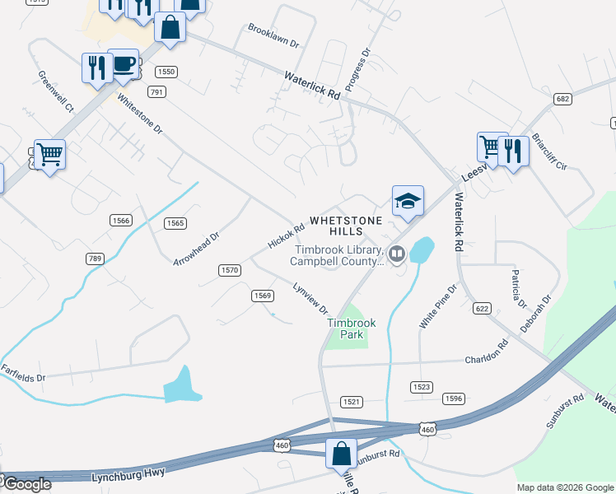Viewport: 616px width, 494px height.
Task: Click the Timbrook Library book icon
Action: [397, 254]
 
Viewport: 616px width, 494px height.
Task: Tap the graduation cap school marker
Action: [408, 201]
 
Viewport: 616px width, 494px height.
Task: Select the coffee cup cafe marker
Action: [124, 63]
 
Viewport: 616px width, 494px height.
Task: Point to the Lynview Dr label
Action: [311, 297]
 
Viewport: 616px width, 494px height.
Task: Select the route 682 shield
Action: [562, 99]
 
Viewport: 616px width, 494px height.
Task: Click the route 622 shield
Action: [482, 308]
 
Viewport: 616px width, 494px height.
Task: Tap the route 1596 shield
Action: [453, 398]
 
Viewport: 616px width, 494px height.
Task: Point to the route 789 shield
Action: [96, 259]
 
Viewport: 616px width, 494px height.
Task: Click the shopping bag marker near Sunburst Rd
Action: [341, 454]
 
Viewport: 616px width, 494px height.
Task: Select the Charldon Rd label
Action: [487, 360]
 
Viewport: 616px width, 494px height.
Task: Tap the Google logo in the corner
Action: [26, 484]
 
